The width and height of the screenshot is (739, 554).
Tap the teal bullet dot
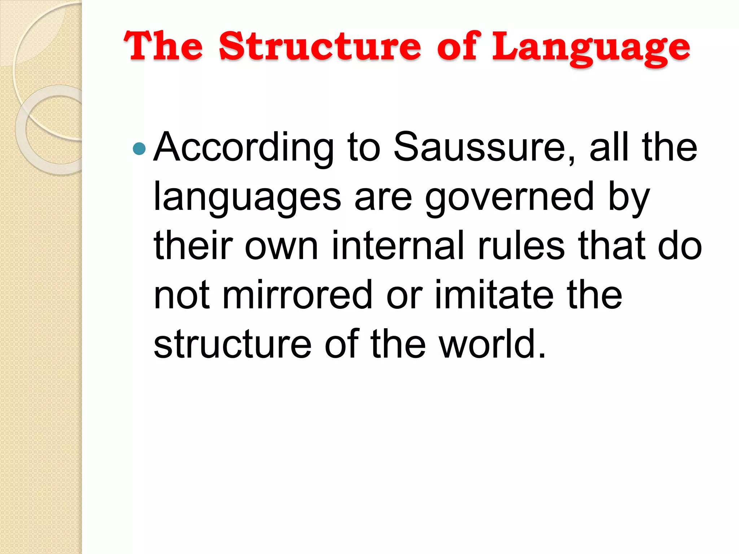139,148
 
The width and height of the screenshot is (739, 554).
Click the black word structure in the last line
232,345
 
